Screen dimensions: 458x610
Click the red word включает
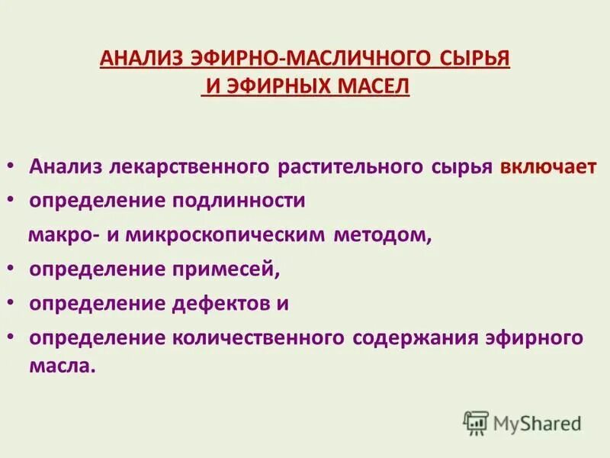click(x=548, y=166)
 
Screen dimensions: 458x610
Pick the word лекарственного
click(x=181, y=166)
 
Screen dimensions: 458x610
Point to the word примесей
click(x=233, y=269)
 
